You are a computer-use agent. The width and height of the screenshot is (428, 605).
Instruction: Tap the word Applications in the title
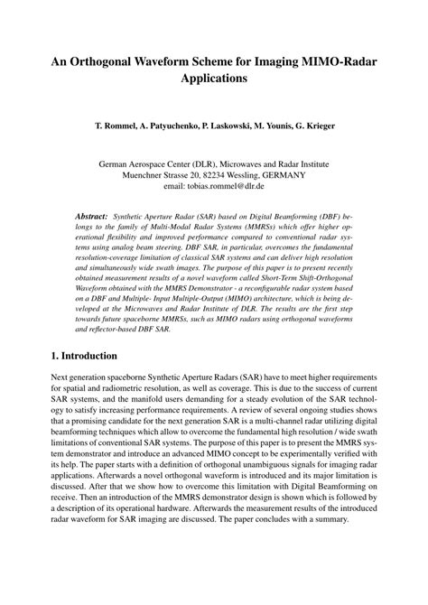click(214, 79)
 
